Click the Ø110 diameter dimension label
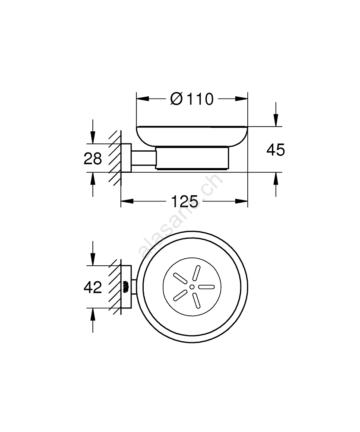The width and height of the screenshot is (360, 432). tap(192, 99)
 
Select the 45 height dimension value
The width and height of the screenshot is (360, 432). tap(275, 150)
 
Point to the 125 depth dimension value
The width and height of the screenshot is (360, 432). tap(184, 201)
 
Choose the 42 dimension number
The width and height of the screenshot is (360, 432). tap(93, 287)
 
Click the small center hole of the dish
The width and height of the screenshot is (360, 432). tap(192, 287)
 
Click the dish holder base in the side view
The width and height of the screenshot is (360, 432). tap(192, 158)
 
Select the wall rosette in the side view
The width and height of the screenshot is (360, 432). tap(126, 158)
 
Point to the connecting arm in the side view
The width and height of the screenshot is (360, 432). tap(143, 158)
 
